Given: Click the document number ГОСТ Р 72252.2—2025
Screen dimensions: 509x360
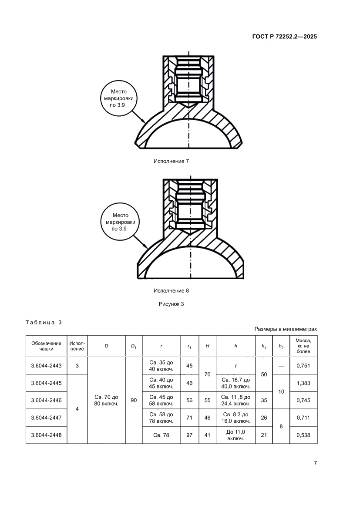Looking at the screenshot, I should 284,37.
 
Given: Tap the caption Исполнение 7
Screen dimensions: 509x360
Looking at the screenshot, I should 171,161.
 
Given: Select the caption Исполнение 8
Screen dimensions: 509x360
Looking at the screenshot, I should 171,290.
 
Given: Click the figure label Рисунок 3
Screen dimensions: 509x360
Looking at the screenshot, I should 171,304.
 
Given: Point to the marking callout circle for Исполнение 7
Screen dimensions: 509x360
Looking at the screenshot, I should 118,98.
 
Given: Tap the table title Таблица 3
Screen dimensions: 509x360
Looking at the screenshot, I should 44,323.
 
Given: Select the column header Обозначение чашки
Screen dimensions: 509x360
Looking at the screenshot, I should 46,346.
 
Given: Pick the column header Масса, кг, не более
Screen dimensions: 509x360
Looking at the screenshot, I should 303,346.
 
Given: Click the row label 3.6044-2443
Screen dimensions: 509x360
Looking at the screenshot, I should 46,366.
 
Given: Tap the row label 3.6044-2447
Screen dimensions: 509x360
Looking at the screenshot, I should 46,418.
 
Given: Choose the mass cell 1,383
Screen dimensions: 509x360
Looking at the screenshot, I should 303,383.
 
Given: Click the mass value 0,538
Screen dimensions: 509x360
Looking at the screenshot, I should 303,435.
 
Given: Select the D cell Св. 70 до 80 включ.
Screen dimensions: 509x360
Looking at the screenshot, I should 106,400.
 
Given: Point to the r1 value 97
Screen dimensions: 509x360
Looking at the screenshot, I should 189,435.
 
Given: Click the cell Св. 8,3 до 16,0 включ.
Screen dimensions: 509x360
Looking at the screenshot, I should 236,418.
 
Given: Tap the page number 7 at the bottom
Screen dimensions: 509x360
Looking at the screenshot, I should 315,463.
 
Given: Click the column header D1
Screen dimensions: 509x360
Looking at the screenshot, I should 134,346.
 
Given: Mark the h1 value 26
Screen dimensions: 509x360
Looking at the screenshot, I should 264,418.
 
